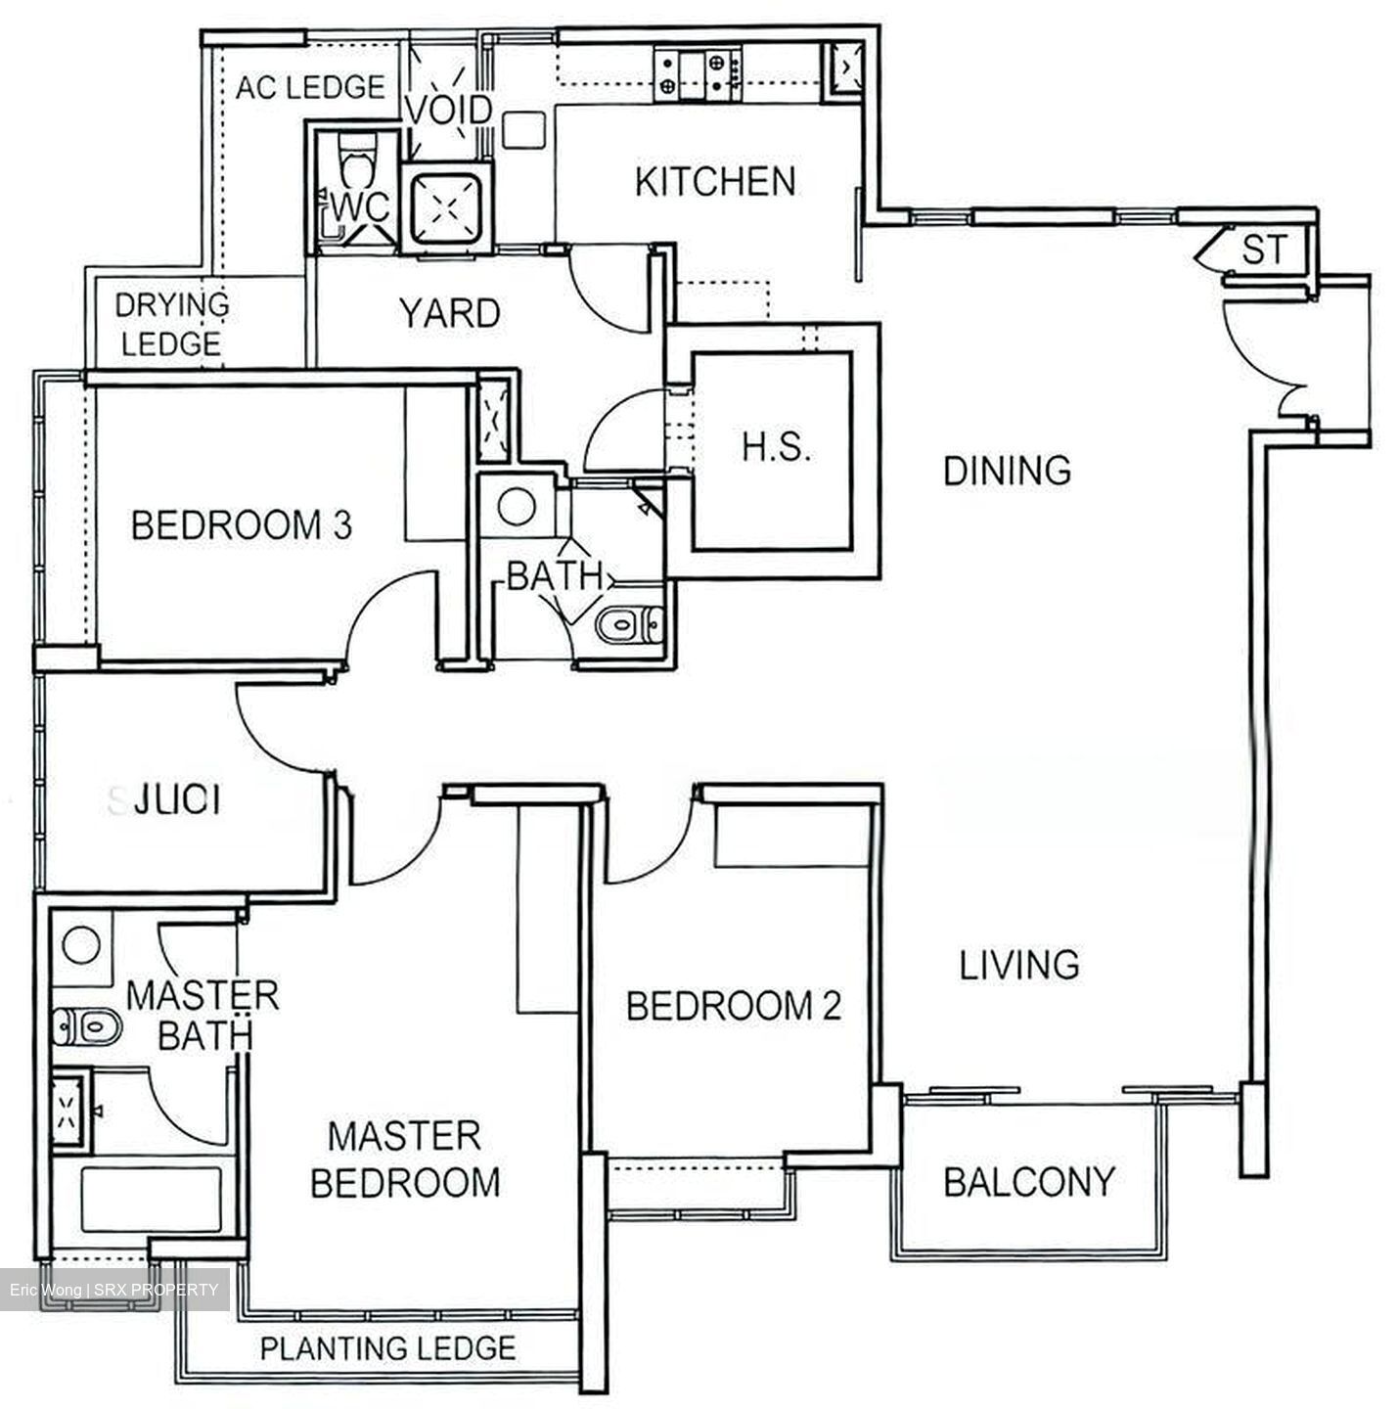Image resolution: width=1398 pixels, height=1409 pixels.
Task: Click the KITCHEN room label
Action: point(714,182)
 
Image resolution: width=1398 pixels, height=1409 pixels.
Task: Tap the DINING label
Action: point(1007,471)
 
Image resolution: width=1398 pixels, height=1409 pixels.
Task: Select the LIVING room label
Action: point(1018,965)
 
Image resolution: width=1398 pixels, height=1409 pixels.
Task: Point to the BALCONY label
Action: point(1028,1182)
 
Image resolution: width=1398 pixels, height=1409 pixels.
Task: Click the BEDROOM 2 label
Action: point(733,1006)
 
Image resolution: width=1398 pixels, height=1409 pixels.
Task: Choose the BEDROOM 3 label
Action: point(241,525)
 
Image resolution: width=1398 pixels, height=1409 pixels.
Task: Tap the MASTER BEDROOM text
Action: point(404,1159)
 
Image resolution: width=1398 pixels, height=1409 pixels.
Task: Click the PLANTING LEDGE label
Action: point(387,1348)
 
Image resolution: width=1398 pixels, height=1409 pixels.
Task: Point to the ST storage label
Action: point(1265,250)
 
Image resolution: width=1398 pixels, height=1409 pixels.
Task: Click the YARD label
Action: point(449,313)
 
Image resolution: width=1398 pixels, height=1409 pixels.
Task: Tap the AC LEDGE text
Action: point(309,87)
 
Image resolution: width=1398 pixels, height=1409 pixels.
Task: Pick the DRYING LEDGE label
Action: point(171,324)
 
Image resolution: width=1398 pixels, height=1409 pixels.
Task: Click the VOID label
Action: point(448,110)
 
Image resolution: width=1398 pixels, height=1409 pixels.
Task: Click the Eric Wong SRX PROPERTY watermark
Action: point(114,1290)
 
